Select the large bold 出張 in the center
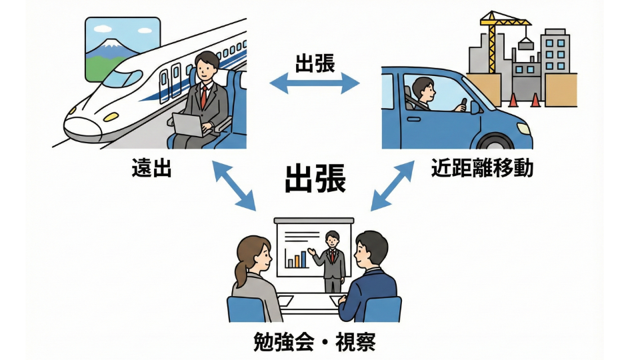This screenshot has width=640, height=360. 315,179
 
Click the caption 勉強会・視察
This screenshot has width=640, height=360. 315,342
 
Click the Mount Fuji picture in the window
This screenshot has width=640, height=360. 123,49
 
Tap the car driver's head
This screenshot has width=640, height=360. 423,87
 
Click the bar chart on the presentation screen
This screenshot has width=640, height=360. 296,258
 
